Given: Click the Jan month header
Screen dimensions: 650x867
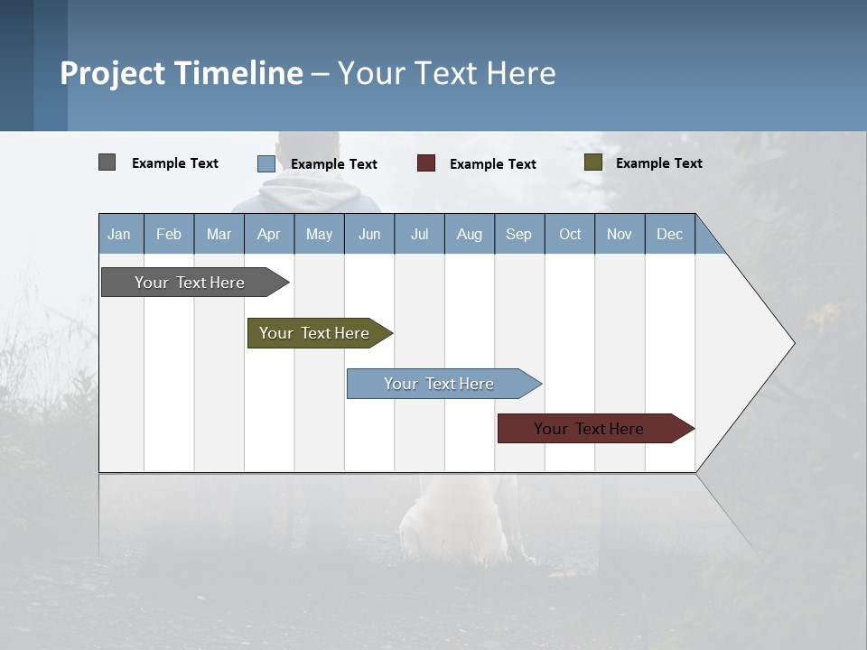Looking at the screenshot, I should pos(120,234).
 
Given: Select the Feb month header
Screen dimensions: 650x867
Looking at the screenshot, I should pos(169,234).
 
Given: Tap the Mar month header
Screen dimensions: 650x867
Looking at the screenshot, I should pos(219,234).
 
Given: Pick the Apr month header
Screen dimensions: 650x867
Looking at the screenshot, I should pos(269,234).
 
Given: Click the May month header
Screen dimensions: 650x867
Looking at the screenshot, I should pos(319,234).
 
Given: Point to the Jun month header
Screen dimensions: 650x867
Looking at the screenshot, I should pos(369,234).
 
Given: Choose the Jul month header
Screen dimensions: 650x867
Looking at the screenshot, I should pos(419,234).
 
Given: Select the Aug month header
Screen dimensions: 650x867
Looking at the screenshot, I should pos(470,234).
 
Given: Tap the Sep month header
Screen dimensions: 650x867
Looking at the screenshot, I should pos(519,234).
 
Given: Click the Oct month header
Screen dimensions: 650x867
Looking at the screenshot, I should pos(570,234).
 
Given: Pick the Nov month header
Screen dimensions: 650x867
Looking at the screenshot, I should pos(620,234).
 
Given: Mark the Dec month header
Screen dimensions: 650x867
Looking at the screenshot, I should pos(670,234).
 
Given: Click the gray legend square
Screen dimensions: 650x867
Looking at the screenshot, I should pos(107,162).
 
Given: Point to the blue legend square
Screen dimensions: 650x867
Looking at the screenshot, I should pos(266,163).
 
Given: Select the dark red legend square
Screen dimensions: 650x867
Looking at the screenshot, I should pos(426,162).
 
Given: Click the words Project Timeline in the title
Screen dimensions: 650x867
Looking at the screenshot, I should pos(182,73).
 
